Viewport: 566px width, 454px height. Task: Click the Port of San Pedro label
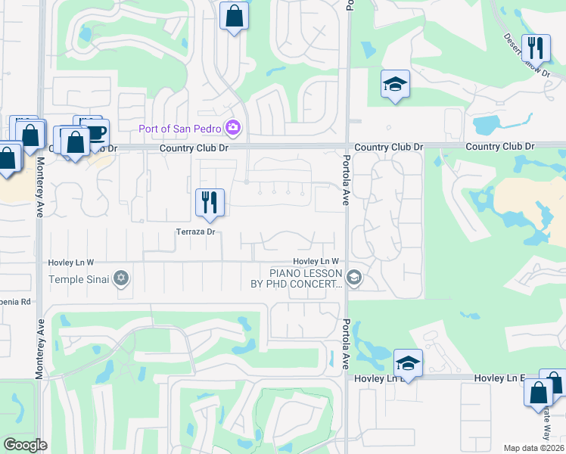(182, 127)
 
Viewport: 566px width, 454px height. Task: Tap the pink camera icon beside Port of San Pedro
(234, 127)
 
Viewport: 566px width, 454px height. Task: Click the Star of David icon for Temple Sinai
(120, 280)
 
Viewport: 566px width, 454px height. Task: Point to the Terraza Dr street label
(197, 232)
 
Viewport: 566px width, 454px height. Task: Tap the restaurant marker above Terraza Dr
(209, 202)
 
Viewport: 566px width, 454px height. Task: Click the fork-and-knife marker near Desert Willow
(536, 48)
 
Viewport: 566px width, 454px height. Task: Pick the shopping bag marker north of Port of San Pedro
(235, 15)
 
